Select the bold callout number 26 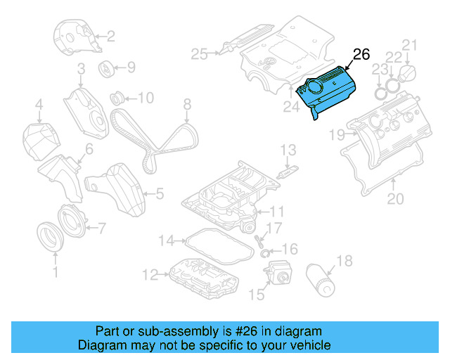tap(361, 54)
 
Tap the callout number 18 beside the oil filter tap(344, 262)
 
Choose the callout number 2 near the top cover tap(110, 35)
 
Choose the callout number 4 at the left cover tap(39, 107)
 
